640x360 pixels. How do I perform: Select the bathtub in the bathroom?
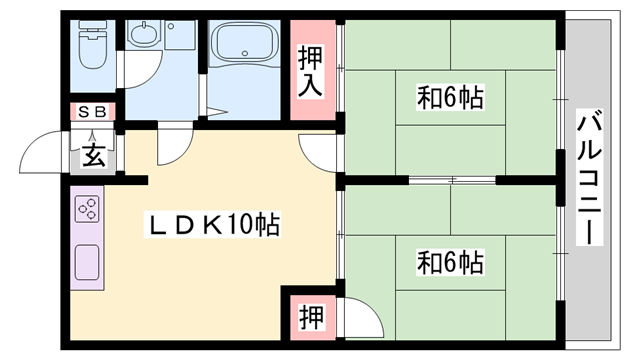pyautogui.click(x=243, y=44)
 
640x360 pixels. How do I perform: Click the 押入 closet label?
pyautogui.click(x=310, y=71)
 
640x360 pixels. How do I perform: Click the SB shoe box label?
pyautogui.click(x=92, y=111)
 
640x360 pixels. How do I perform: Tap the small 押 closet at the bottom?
pyautogui.click(x=311, y=317)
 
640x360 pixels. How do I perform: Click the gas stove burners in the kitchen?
pyautogui.click(x=87, y=210)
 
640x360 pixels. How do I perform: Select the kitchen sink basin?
pyautogui.click(x=87, y=263)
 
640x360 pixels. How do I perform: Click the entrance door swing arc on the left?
pyautogui.click(x=48, y=150)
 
